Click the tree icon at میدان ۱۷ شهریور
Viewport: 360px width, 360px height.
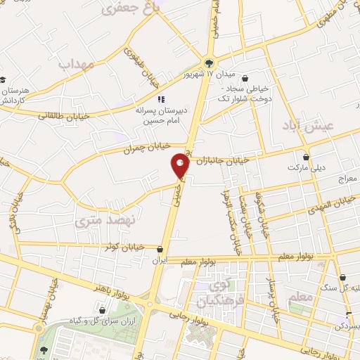tap(208, 62)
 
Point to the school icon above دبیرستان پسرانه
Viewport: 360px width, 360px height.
tap(161, 99)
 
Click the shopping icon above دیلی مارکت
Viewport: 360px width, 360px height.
tap(306, 157)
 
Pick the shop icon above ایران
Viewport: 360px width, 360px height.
tap(161, 249)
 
